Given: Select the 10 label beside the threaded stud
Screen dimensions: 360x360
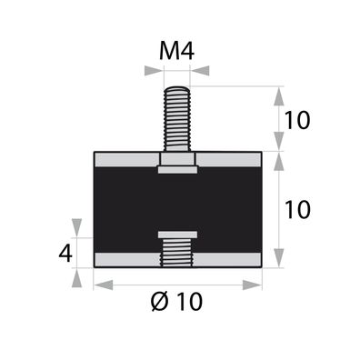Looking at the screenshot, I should pyautogui.click(x=297, y=119).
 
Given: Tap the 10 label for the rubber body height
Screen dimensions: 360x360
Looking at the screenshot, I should pyautogui.click(x=297, y=209).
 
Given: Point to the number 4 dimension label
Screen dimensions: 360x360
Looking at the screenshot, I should pyautogui.click(x=65, y=252).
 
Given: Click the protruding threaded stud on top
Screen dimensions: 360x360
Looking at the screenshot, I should pyautogui.click(x=177, y=118).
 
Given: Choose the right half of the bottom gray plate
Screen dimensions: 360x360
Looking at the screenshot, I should pyautogui.click(x=230, y=259).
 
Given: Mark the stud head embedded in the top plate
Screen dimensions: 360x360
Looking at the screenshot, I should pyautogui.click(x=177, y=164).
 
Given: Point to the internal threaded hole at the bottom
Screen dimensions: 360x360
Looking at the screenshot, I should pyautogui.click(x=177, y=251).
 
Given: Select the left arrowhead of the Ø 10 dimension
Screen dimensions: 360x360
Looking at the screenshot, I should pyautogui.click(x=99, y=285).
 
